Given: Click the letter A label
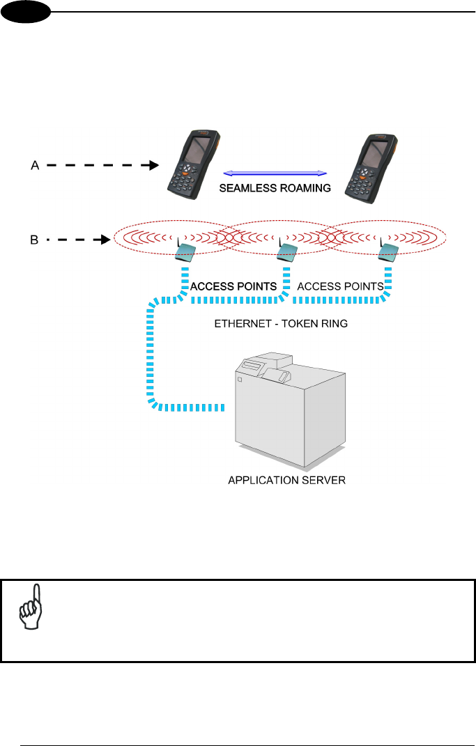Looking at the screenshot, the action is tap(35, 166).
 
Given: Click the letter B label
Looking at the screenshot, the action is tap(34, 240).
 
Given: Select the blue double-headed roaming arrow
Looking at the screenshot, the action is tap(275, 173).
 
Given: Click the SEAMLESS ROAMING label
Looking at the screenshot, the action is tap(275, 188).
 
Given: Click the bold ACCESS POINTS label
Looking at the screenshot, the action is tap(233, 286).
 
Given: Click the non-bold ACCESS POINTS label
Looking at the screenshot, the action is tap(340, 286).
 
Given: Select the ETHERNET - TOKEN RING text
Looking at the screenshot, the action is tap(281, 324).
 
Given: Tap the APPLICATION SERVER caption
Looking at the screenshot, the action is tap(287, 480).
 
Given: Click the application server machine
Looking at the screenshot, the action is tap(291, 409).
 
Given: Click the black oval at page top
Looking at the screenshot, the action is tap(26, 13).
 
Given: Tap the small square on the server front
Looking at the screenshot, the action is tap(240, 380).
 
